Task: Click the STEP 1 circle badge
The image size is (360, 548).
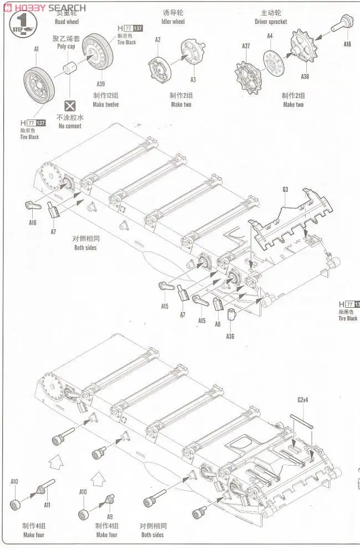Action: (x=20, y=25)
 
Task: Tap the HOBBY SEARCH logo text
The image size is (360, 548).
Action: (x=44, y=7)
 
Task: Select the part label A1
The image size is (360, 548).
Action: (x=37, y=49)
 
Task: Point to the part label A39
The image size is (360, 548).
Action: (x=101, y=84)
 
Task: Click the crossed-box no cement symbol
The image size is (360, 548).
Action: (x=70, y=105)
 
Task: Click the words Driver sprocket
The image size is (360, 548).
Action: (x=271, y=22)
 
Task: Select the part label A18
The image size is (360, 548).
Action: (x=347, y=44)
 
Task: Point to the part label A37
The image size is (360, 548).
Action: (x=246, y=46)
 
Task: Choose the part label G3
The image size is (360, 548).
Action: (x=285, y=189)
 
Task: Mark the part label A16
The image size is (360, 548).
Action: (x=33, y=223)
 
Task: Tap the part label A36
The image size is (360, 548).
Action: (x=230, y=336)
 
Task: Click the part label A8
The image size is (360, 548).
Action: (x=218, y=324)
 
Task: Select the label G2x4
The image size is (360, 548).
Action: (x=302, y=400)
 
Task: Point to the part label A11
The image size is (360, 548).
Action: (x=47, y=504)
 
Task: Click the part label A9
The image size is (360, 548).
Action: (x=110, y=516)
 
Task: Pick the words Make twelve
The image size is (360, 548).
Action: (x=106, y=105)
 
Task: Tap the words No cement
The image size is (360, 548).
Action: (x=70, y=126)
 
